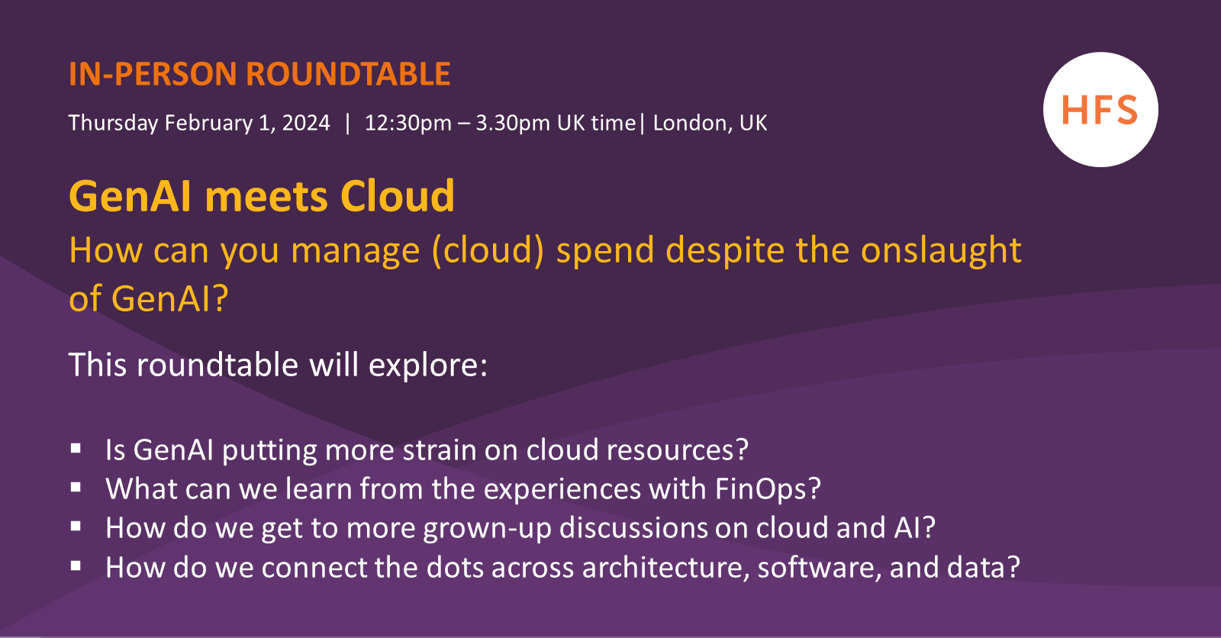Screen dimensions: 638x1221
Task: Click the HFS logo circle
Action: pyautogui.click(x=1100, y=110)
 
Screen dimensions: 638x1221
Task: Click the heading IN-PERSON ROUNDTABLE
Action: pyautogui.click(x=259, y=74)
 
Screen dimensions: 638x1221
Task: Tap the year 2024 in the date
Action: pyautogui.click(x=306, y=123)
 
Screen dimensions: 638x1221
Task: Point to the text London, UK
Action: pyautogui.click(x=710, y=123)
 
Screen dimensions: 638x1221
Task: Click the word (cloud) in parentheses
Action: pyautogui.click(x=488, y=250)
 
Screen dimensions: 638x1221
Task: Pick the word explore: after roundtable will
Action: pyautogui.click(x=428, y=365)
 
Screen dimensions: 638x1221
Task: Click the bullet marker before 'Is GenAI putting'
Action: pyautogui.click(x=76, y=449)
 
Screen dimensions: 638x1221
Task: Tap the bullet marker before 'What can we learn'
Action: pyautogui.click(x=76, y=488)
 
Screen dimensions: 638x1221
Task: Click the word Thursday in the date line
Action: pyautogui.click(x=113, y=123)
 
